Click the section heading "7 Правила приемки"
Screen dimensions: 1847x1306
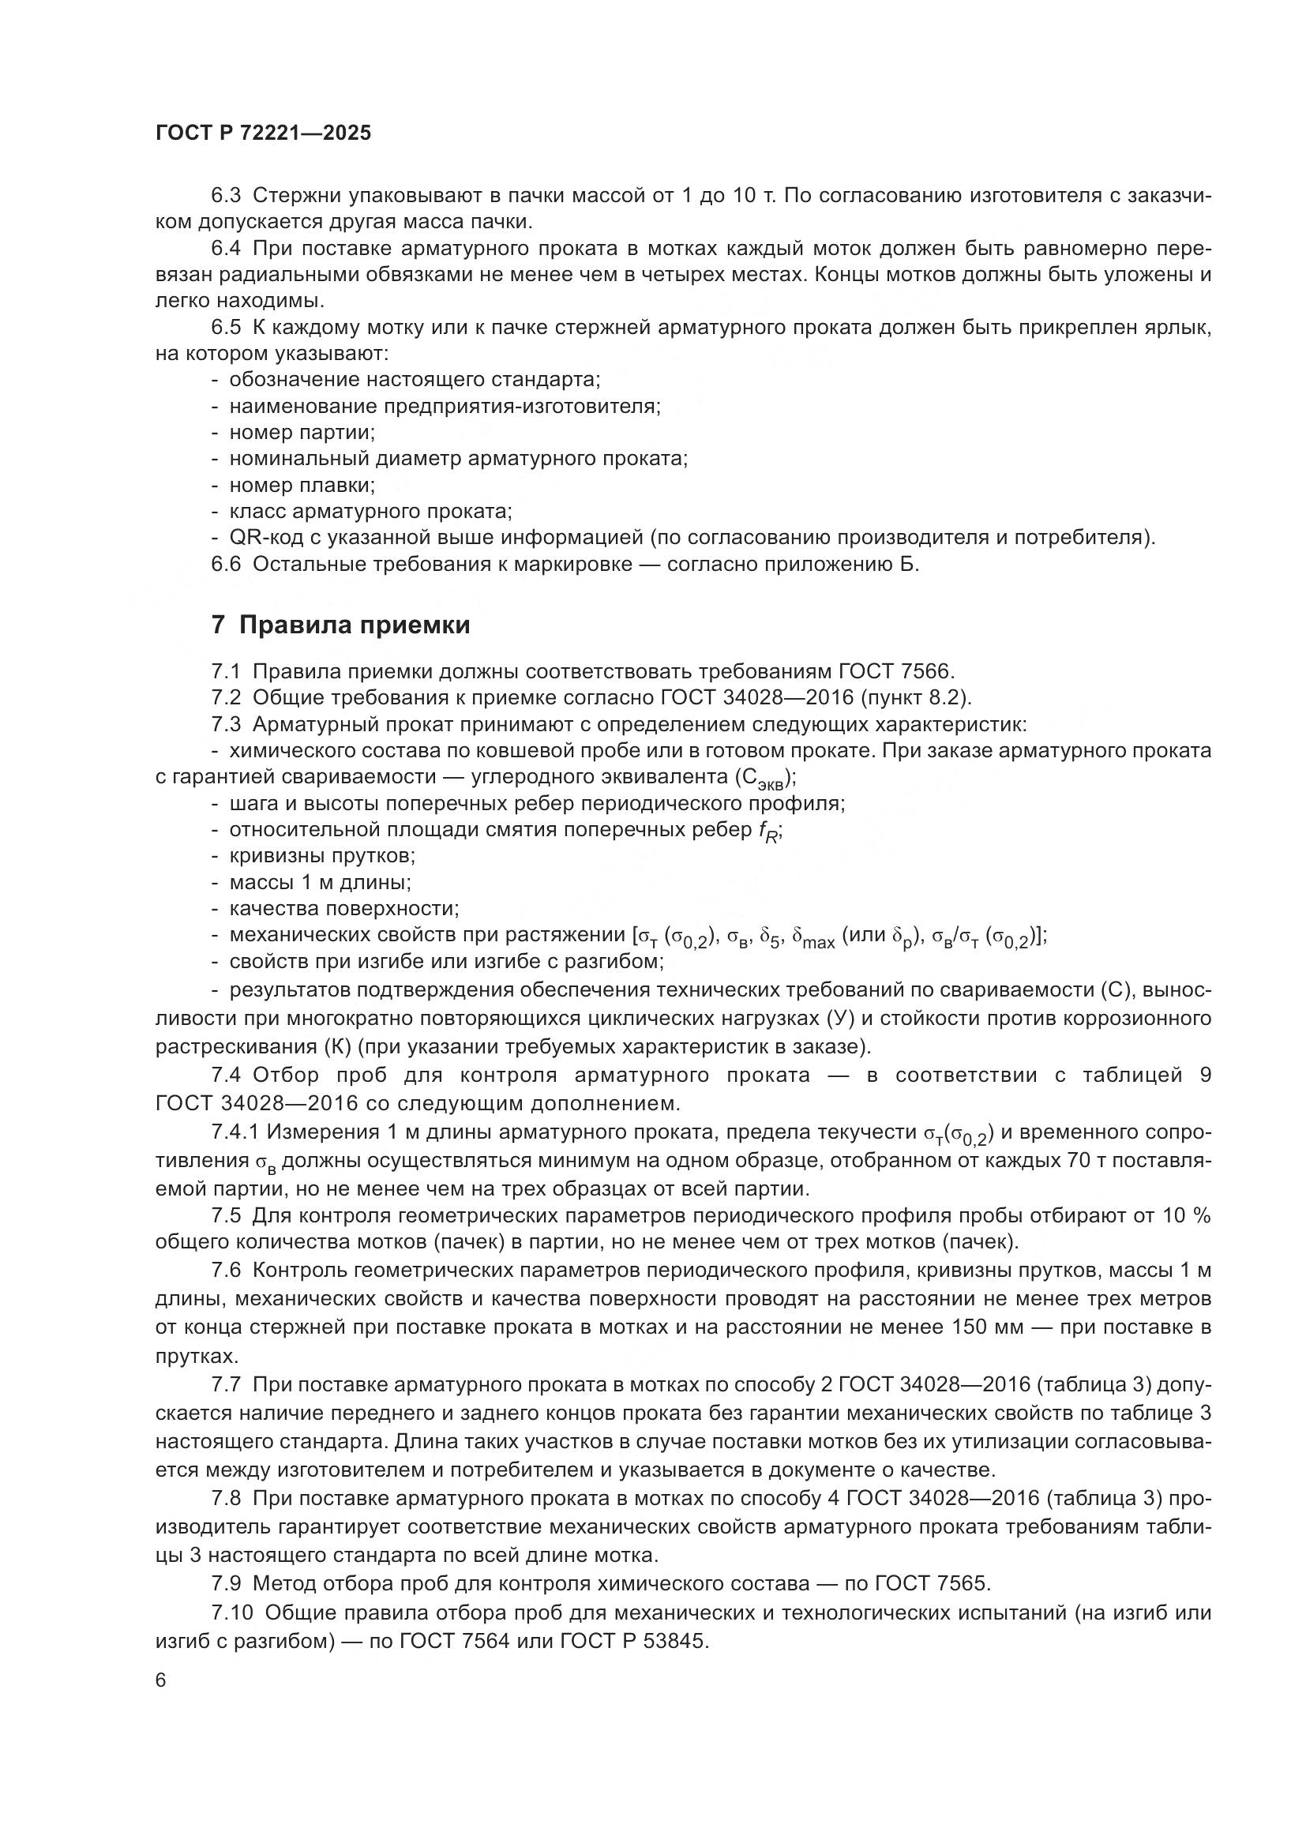(341, 625)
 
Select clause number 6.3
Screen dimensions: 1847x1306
(226, 196)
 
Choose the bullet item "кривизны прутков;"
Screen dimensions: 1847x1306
(322, 856)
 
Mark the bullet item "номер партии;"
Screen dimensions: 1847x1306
(302, 432)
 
